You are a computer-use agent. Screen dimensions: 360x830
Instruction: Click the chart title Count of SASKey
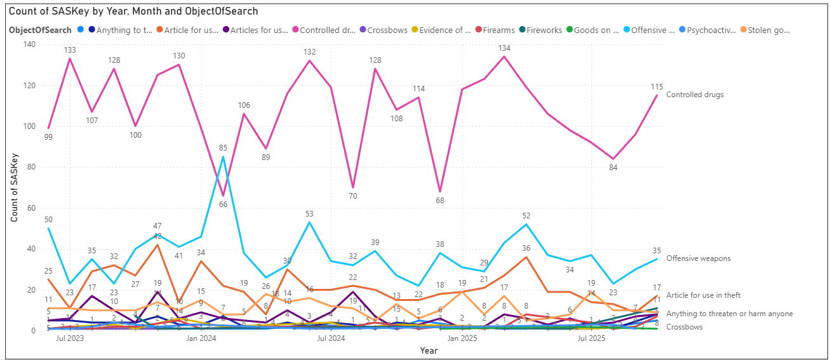pos(133,11)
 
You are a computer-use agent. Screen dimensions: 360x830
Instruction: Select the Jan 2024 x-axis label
pos(201,338)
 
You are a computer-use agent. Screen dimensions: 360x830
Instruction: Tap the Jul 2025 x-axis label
pos(591,338)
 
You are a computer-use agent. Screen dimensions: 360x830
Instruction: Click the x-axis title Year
pos(429,350)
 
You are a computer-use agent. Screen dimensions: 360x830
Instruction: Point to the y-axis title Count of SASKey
pos(14,187)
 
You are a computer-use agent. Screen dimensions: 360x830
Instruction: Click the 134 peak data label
pos(505,48)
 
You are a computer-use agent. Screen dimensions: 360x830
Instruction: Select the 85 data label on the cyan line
pos(223,149)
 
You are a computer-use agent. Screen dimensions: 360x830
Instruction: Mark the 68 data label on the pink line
pos(439,201)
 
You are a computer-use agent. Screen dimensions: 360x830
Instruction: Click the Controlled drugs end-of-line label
pos(694,95)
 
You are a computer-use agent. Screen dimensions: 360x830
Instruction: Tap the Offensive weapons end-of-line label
pos(698,258)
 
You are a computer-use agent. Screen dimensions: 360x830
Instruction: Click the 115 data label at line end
pos(657,86)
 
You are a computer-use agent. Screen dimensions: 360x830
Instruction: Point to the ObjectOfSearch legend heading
pos(39,30)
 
